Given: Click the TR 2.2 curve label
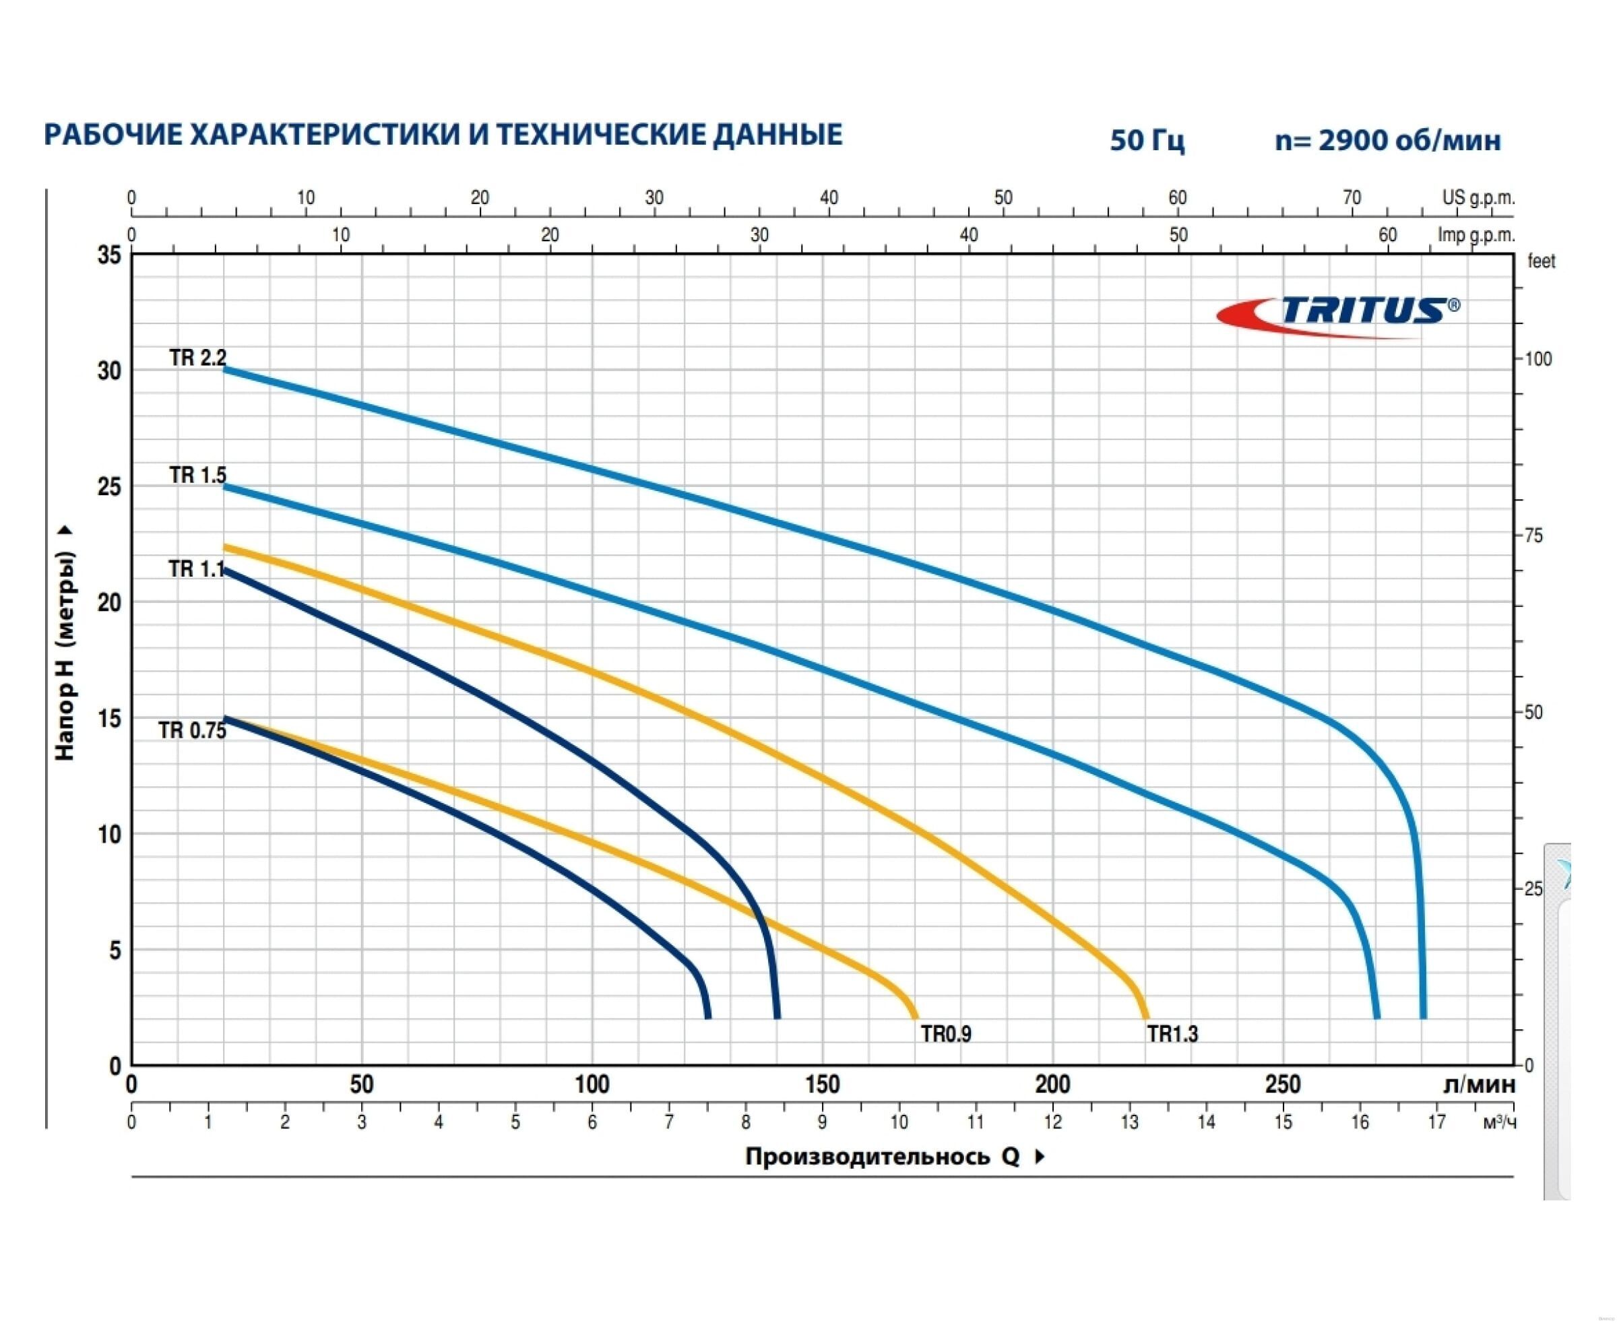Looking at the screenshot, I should point(197,358).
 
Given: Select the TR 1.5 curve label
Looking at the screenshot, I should point(197,475).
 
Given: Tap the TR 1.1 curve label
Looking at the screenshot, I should point(196,569).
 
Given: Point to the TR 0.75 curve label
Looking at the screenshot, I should point(192,730).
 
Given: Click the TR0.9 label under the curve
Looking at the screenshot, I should point(945,1033).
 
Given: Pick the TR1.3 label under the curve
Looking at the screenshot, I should point(1172,1033).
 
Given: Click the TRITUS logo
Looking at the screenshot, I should point(1339,314).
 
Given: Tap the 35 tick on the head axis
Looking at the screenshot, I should point(110,255).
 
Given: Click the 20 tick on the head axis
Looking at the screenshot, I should point(110,602).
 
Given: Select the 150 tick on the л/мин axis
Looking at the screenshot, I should point(822,1085).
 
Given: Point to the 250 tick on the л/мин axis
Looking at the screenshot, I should point(1282,1085).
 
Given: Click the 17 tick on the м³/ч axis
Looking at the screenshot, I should point(1436,1122).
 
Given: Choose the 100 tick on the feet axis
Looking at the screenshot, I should point(1537,359).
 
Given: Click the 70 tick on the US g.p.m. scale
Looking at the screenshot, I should point(1351,198).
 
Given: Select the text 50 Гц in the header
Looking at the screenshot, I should point(1147,140).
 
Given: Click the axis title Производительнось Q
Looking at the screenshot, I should point(882,1157).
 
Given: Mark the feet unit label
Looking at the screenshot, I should point(1541,261).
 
